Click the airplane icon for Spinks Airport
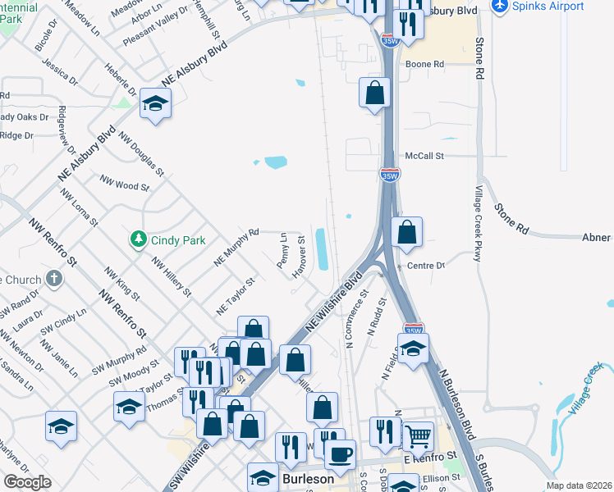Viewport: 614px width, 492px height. click(x=499, y=6)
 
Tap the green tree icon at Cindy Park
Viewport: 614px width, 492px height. click(x=138, y=239)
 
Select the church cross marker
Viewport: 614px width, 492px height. click(x=53, y=280)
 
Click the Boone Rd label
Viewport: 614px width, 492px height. click(x=424, y=64)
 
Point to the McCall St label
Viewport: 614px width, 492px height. click(x=424, y=156)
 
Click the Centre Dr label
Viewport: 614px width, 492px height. click(x=425, y=266)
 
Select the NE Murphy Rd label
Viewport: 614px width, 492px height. click(x=236, y=247)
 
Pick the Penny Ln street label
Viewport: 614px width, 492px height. click(x=282, y=251)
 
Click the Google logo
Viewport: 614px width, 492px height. click(x=27, y=482)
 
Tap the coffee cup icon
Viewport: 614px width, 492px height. click(x=340, y=452)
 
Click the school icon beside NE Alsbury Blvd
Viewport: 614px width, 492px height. click(x=155, y=103)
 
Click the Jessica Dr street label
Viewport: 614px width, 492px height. click(x=61, y=72)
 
